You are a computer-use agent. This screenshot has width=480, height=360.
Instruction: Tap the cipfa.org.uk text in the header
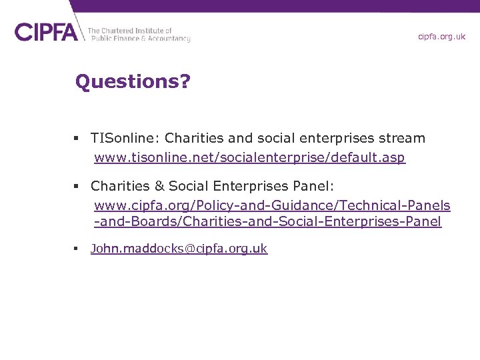[441, 37]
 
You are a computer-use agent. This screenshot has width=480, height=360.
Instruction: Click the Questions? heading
[133, 82]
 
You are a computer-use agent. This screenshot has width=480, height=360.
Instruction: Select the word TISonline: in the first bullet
[125, 139]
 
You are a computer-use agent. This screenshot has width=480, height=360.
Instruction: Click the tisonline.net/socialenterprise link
[249, 159]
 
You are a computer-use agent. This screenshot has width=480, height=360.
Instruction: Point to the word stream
[401, 139]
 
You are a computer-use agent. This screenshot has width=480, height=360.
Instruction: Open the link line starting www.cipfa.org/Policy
[272, 205]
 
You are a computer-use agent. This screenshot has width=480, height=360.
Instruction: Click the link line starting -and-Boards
[267, 222]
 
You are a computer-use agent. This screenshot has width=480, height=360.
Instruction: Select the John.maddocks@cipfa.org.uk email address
[179, 249]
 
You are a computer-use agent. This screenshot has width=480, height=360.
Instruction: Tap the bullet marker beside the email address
[77, 249]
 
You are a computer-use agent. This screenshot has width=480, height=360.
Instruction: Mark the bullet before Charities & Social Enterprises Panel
[77, 186]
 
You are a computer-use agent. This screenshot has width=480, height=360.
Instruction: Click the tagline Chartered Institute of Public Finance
[139, 35]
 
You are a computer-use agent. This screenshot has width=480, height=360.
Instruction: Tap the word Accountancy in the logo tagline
[167, 39]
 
